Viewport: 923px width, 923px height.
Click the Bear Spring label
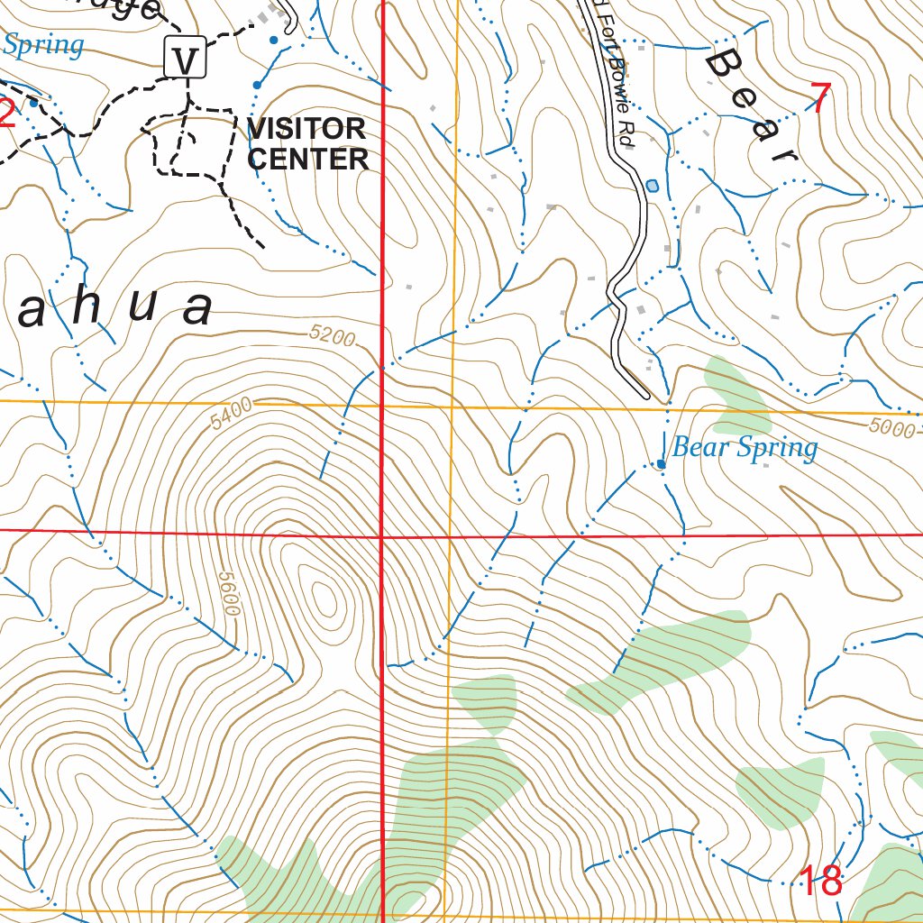pyautogui.click(x=745, y=448)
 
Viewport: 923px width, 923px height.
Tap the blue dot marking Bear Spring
pyautogui.click(x=661, y=464)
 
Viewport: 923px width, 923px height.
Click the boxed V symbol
pyautogui.click(x=186, y=60)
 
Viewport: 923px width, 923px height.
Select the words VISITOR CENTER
pyautogui.click(x=307, y=144)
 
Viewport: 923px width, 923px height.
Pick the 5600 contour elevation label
pyautogui.click(x=228, y=591)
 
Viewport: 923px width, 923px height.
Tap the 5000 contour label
pyautogui.click(x=893, y=428)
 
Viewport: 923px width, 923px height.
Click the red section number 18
pyautogui.click(x=821, y=881)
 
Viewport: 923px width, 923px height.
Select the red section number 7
pyautogui.click(x=820, y=97)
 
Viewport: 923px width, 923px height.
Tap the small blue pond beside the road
pyautogui.click(x=652, y=186)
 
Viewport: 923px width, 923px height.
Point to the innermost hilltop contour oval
pyautogui.click(x=323, y=594)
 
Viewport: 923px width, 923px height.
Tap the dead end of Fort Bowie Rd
pyautogui.click(x=645, y=394)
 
